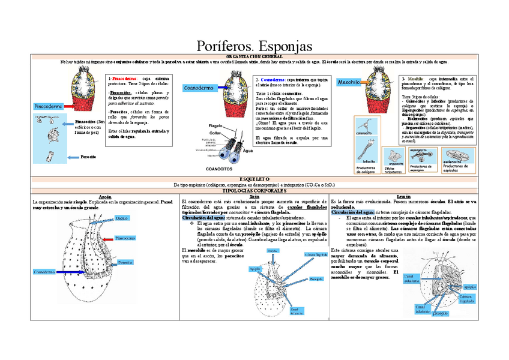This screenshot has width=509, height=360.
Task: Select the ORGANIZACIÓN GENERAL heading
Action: click(254, 56)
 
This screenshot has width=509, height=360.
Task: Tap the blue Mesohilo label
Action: click(349, 82)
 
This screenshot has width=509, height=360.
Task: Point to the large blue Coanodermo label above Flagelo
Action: click(199, 88)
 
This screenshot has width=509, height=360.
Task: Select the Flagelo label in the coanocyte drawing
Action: click(215, 125)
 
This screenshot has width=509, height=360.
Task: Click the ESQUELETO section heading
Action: click(254, 179)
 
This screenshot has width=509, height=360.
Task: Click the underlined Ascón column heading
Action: click(105, 196)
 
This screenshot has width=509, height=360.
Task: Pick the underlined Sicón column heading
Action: click(254, 196)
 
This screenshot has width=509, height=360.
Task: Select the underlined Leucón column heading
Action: click(403, 196)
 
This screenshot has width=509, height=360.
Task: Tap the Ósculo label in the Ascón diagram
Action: click(122, 217)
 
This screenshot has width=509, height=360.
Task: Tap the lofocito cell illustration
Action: click(368, 147)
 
